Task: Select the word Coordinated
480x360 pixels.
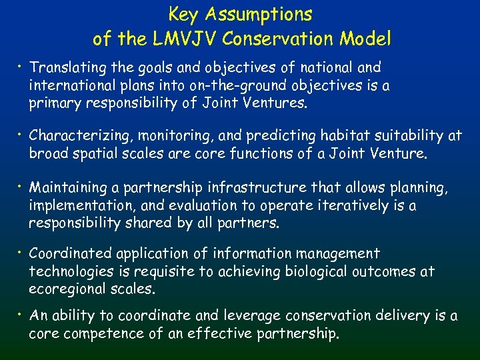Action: tap(72, 254)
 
